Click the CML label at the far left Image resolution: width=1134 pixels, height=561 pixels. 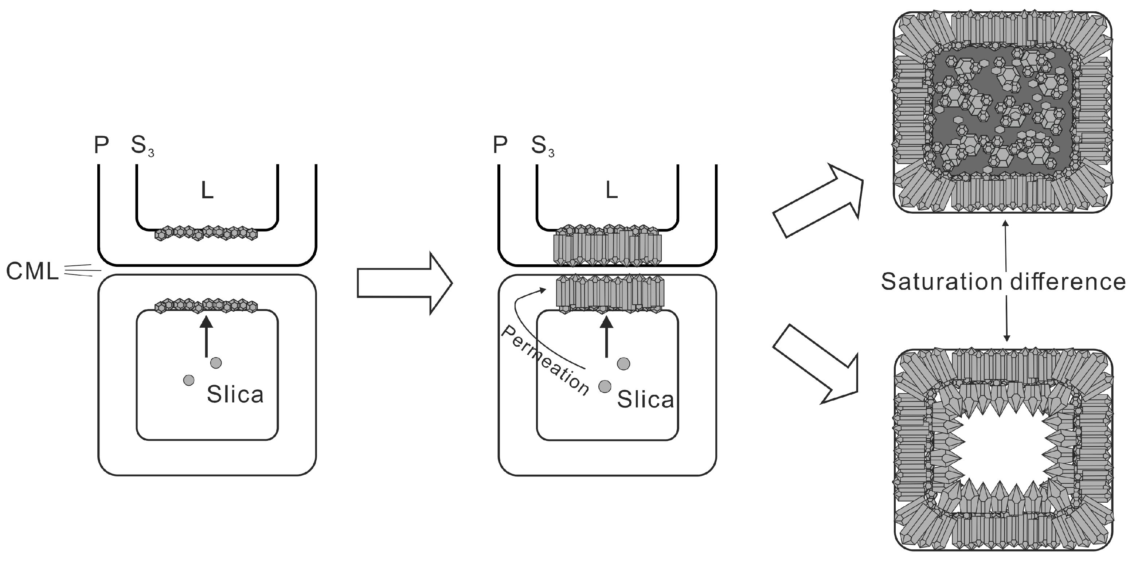32,272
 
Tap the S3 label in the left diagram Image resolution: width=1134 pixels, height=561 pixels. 142,146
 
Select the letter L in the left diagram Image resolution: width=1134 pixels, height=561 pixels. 207,191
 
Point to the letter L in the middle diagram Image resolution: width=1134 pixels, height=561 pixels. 611,190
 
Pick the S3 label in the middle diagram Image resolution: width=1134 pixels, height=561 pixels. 542,146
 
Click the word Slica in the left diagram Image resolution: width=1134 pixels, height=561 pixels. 235,394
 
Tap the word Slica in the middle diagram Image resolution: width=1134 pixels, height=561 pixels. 645,400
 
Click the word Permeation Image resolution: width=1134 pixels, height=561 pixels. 545,361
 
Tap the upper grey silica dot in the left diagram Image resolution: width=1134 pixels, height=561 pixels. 216,363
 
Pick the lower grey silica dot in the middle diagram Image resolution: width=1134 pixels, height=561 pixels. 605,386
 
